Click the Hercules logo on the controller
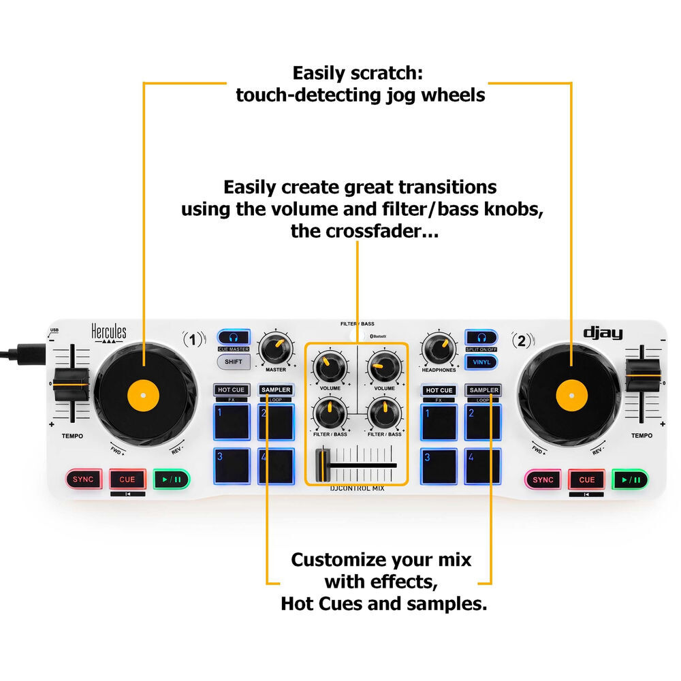point(109,333)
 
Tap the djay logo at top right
point(603,333)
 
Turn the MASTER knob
point(276,349)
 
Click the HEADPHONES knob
point(439,349)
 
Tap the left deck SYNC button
point(83,479)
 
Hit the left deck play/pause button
point(171,479)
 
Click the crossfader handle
point(321,466)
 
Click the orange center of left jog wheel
point(144,393)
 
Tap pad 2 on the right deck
point(483,422)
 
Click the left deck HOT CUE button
point(231,390)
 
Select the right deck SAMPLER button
point(483,390)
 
